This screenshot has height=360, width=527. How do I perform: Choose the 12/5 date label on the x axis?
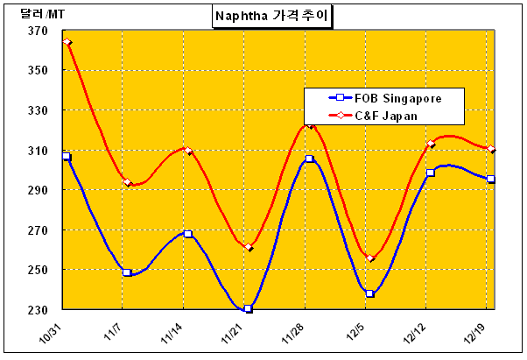[x=357, y=334]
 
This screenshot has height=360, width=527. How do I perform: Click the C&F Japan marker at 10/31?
[x=67, y=42]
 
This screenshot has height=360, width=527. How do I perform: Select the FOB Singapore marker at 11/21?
[x=249, y=308]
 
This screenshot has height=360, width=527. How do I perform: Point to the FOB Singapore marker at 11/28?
[x=309, y=159]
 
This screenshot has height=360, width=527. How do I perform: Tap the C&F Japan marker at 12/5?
[x=370, y=258]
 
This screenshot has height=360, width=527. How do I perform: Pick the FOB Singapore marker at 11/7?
[x=127, y=272]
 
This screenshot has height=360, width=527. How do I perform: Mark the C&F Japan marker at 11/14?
[x=187, y=151]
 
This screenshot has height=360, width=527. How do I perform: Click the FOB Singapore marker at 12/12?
[x=430, y=173]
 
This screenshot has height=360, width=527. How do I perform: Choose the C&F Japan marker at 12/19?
[x=491, y=150]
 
